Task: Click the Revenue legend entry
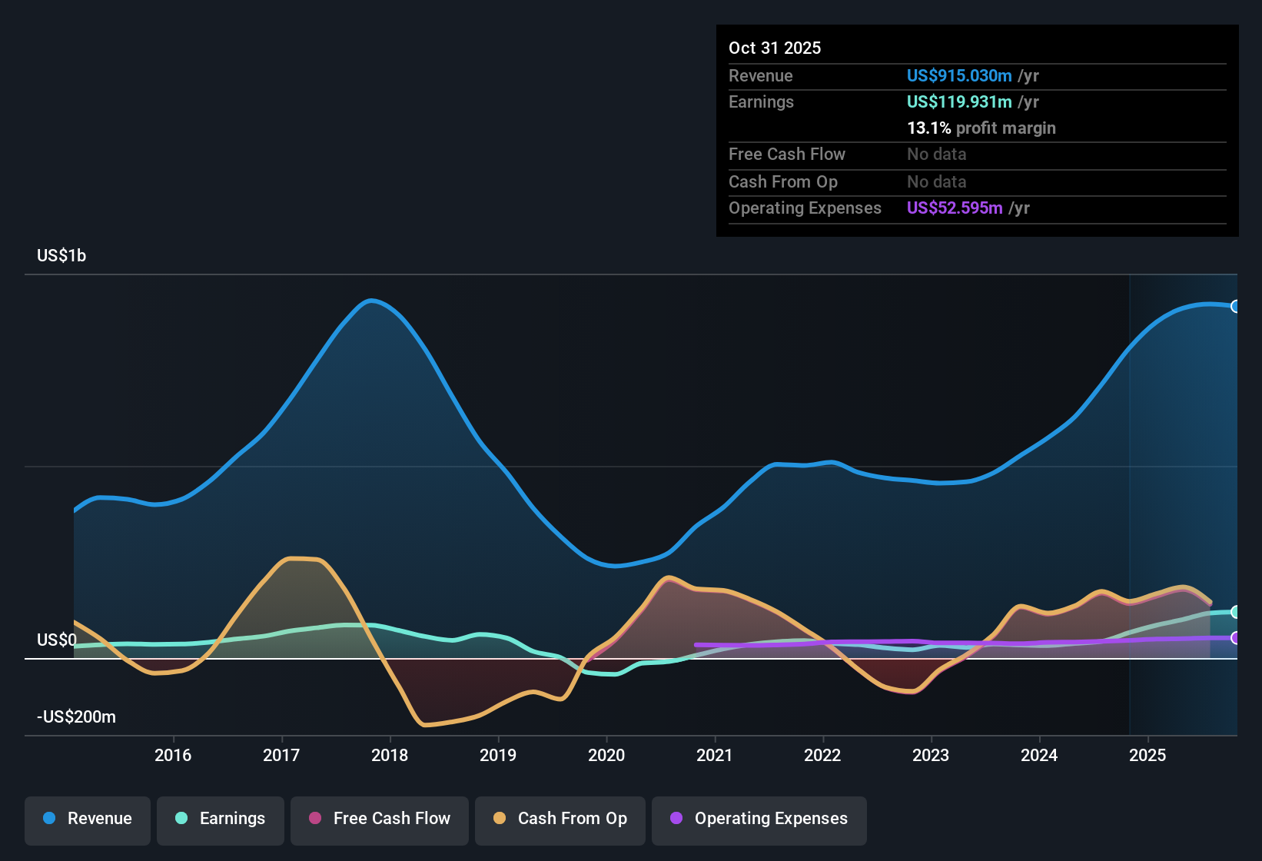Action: pyautogui.click(x=88, y=819)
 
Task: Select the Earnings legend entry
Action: pyautogui.click(x=221, y=819)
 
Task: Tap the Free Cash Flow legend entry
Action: pyautogui.click(x=380, y=819)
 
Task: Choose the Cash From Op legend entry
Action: pyautogui.click(x=560, y=819)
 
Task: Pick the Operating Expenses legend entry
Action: pyautogui.click(x=759, y=819)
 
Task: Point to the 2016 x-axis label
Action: pyautogui.click(x=173, y=756)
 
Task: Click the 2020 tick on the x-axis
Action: pyautogui.click(x=606, y=756)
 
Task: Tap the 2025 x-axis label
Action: pyautogui.click(x=1147, y=756)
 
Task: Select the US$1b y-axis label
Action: pyautogui.click(x=61, y=256)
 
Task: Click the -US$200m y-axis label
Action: pyautogui.click(x=76, y=717)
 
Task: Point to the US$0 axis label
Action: pyautogui.click(x=57, y=640)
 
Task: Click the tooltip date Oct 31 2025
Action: pyautogui.click(x=775, y=48)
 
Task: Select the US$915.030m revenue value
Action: pyautogui.click(x=959, y=76)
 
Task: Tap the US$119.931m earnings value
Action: pyautogui.click(x=959, y=102)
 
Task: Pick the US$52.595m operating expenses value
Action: pyautogui.click(x=955, y=208)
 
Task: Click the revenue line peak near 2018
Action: pyautogui.click(x=371, y=301)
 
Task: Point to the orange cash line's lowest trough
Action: pyautogui.click(x=424, y=724)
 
